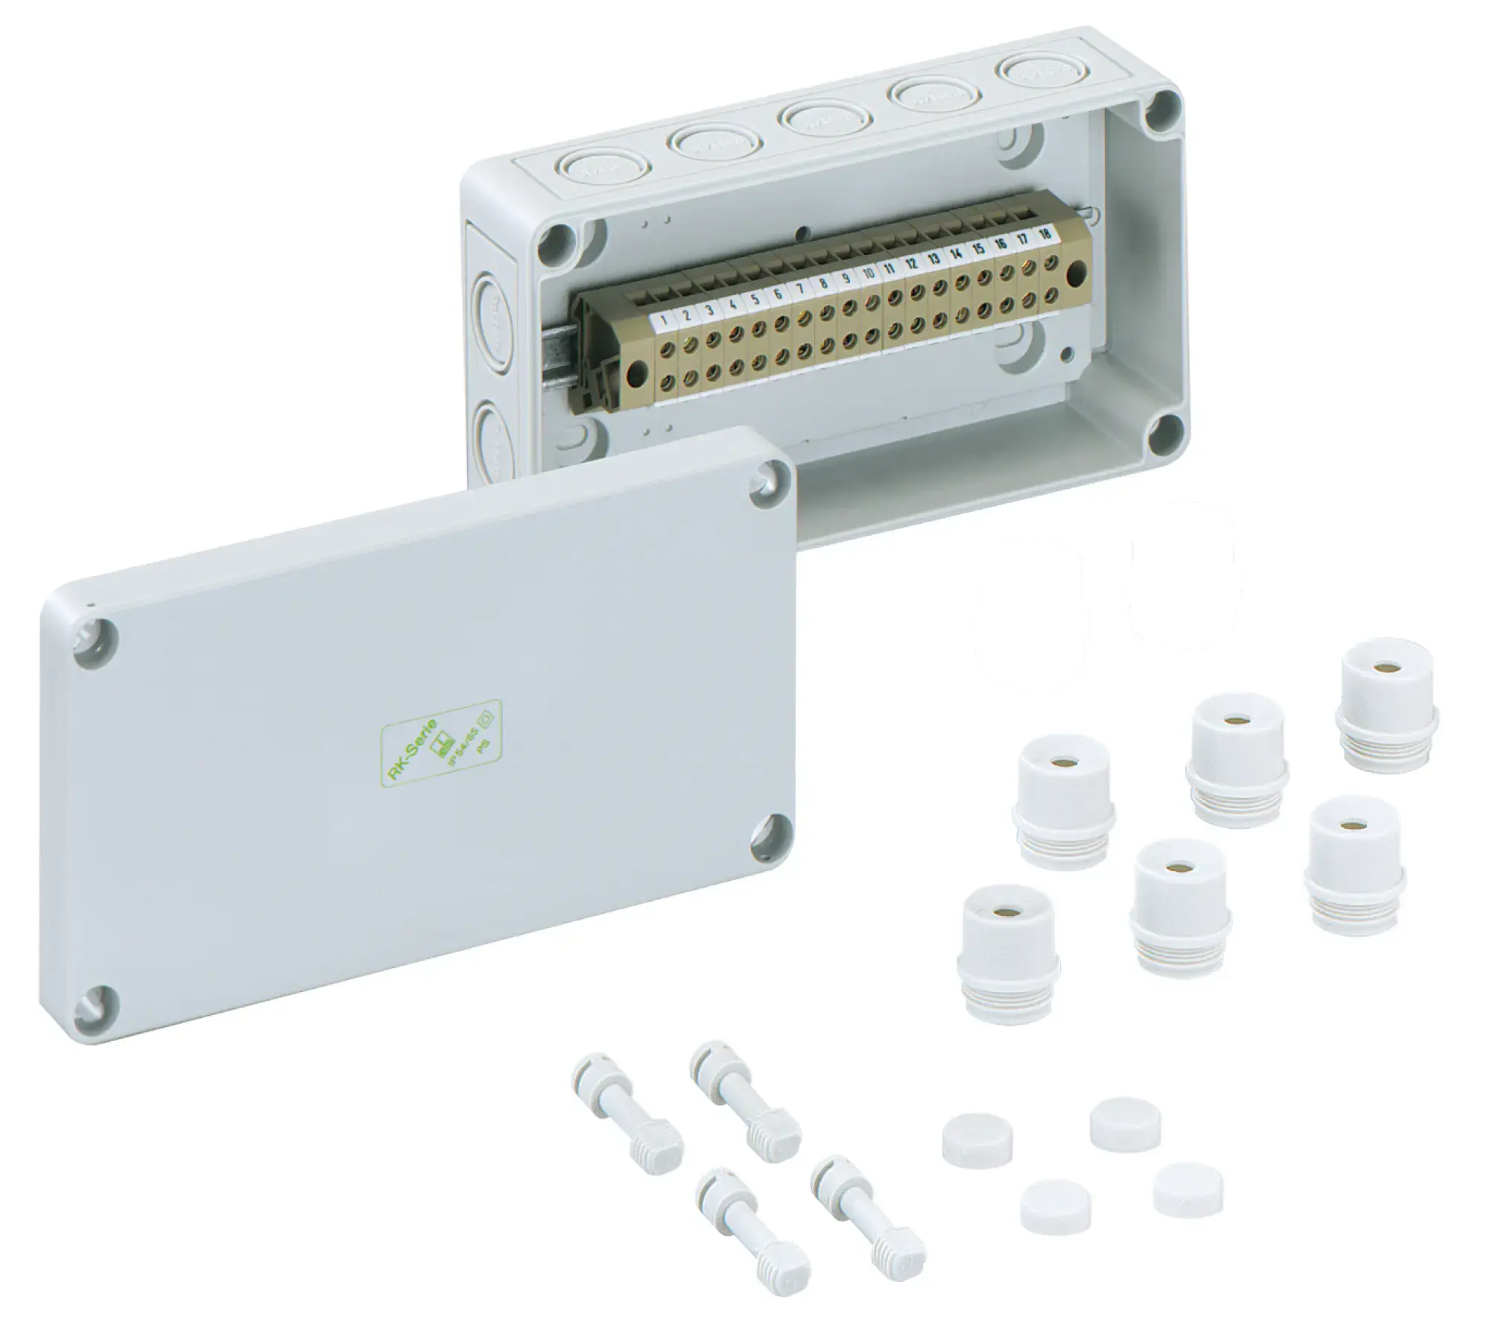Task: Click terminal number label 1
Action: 663,321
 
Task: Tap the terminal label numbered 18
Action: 1044,234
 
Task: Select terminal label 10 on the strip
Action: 868,274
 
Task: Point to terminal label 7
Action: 799,289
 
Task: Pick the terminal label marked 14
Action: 957,253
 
